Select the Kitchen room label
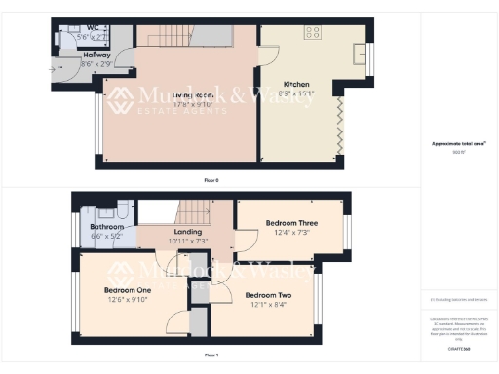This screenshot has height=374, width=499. [297, 85]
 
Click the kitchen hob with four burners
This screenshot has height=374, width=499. [314, 32]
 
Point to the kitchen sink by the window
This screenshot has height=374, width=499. [360, 52]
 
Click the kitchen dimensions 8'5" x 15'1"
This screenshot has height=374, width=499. [297, 94]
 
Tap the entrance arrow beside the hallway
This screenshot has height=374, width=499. [53, 69]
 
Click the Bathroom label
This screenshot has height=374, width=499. [94, 226]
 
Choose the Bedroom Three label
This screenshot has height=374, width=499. [292, 223]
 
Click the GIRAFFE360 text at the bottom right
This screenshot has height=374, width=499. [459, 347]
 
